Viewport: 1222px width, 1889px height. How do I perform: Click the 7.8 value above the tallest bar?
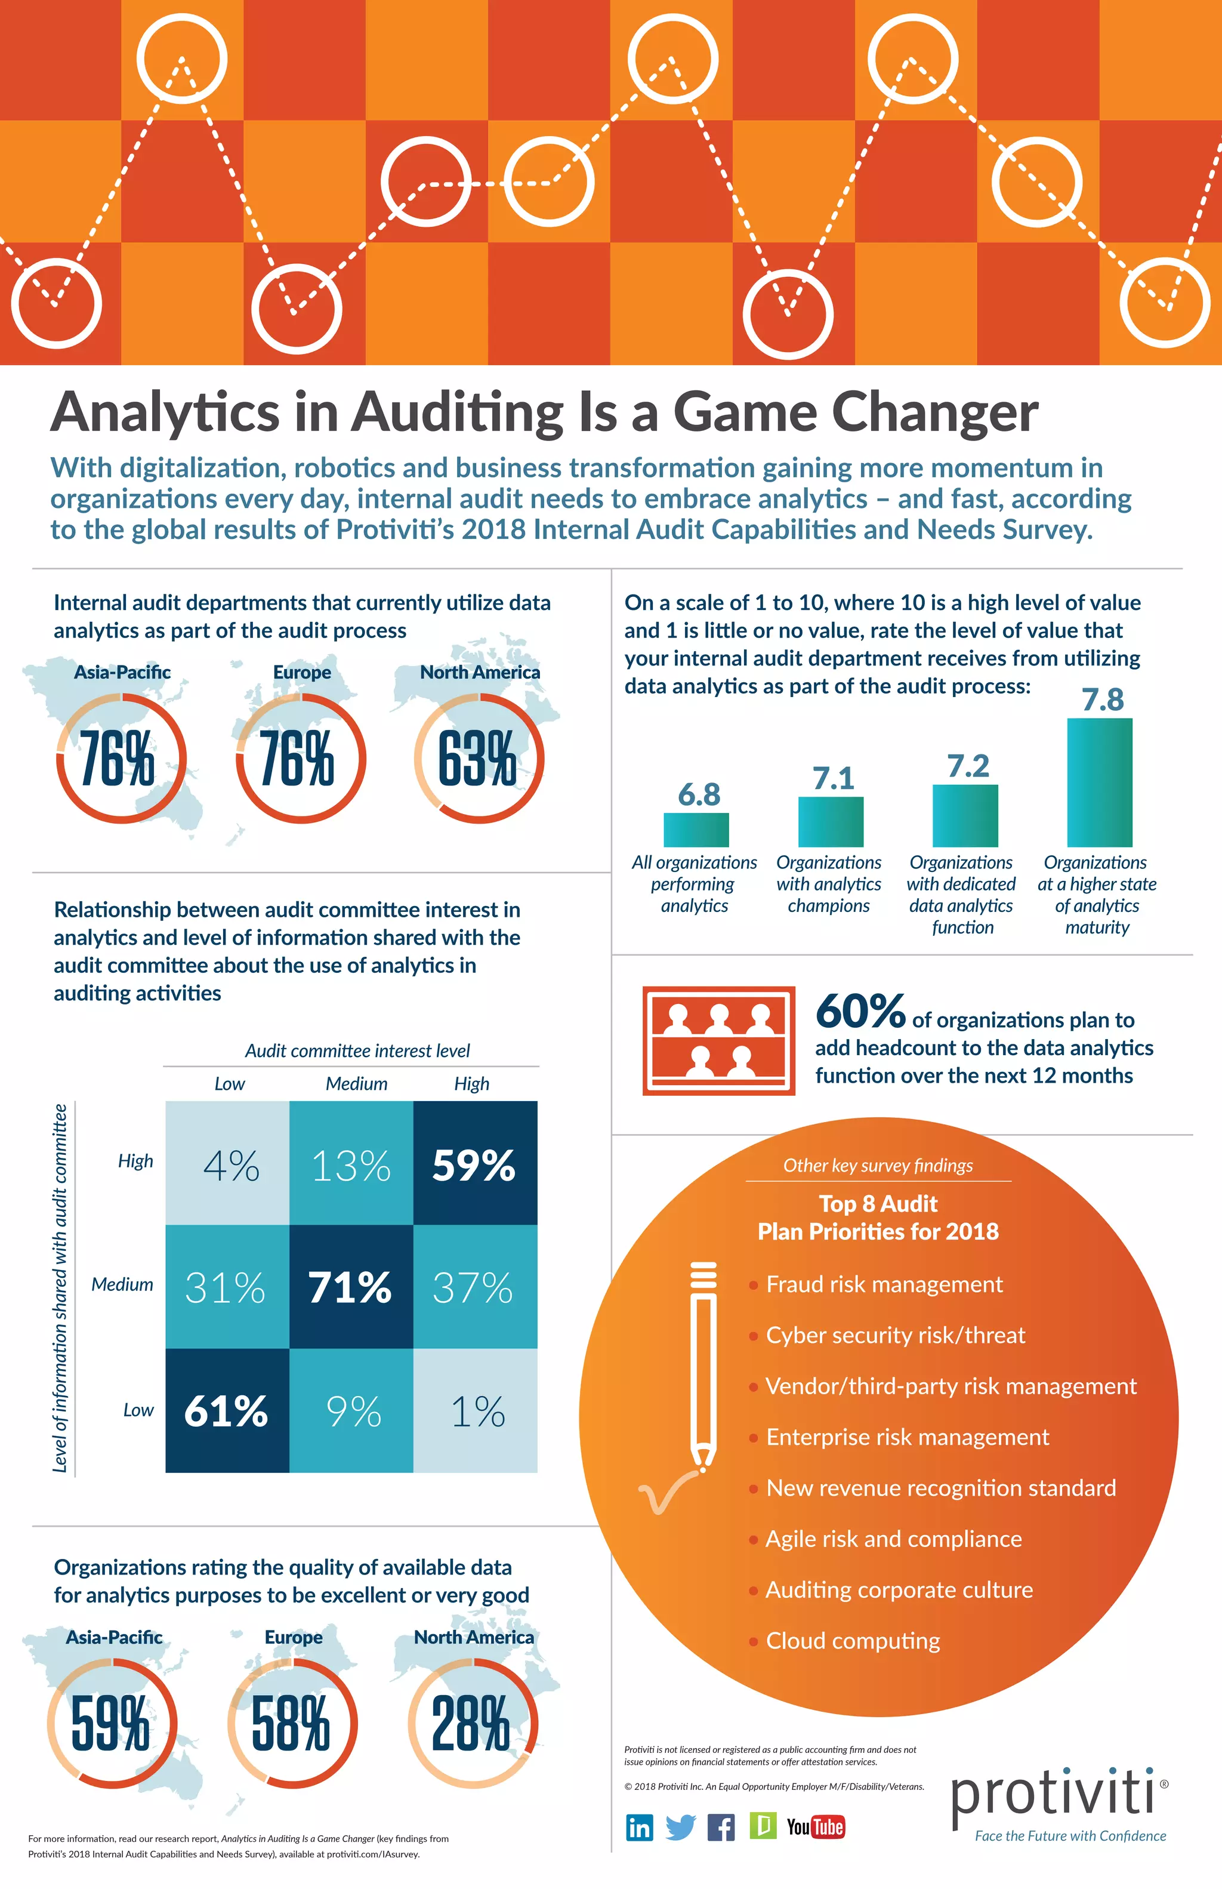pyautogui.click(x=1102, y=700)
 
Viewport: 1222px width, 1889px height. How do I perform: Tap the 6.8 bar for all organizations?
pyautogui.click(x=696, y=830)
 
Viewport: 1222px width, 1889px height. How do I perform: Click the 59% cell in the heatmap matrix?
pyautogui.click(x=474, y=1164)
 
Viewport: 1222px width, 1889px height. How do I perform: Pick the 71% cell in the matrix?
pyautogui.click(x=351, y=1287)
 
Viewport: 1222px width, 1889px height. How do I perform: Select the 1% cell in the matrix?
pyautogui.click(x=476, y=1411)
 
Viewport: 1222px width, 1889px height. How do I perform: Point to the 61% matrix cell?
pyautogui.click(x=227, y=1411)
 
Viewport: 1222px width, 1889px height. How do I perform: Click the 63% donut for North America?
pyautogui.click(x=479, y=758)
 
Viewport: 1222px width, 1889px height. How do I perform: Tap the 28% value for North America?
pyautogui.click(x=471, y=1723)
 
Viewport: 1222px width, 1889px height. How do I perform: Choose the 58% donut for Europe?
pyautogui.click(x=291, y=1723)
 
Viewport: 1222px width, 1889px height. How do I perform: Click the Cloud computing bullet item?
pyautogui.click(x=853, y=1641)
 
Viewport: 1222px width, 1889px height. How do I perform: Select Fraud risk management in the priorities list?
pyautogui.click(x=884, y=1284)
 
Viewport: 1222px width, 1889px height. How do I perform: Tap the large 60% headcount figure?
pyautogui.click(x=860, y=1011)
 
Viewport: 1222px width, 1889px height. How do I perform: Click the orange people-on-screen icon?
pyautogui.click(x=718, y=1040)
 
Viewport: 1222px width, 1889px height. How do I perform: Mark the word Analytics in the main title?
pyautogui.click(x=165, y=413)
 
